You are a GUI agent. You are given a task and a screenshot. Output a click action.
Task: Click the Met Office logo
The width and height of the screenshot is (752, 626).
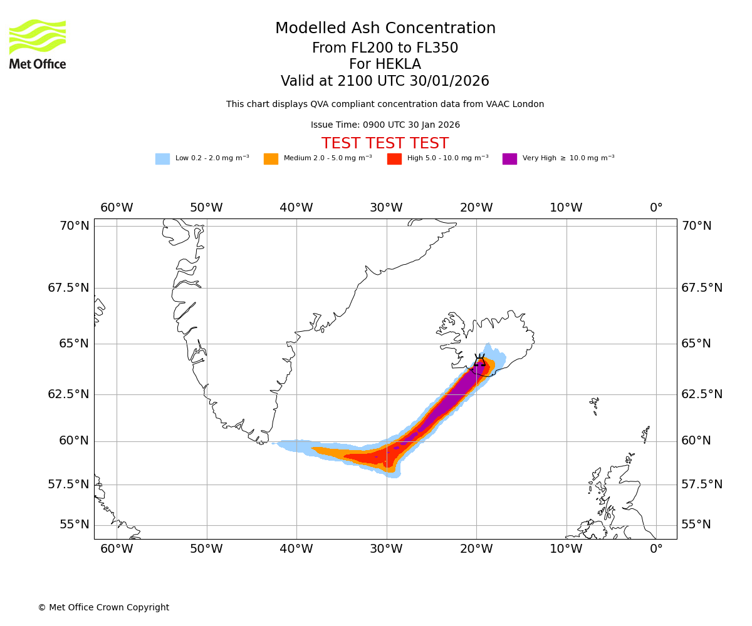(38, 44)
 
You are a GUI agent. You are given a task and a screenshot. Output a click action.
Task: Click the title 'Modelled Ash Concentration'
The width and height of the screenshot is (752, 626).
(385, 29)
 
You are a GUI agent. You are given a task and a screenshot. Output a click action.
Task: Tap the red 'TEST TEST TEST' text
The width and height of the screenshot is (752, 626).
(385, 143)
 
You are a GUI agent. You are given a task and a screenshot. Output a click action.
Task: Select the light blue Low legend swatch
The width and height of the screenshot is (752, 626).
(162, 159)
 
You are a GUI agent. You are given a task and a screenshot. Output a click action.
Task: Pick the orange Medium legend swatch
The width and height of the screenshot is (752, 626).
(271, 159)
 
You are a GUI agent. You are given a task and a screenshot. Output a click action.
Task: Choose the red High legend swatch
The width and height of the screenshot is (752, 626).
(394, 159)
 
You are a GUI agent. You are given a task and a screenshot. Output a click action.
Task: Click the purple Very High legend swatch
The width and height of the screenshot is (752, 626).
(509, 159)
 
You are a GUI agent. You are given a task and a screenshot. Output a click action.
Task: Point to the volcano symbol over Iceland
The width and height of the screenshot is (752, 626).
(479, 360)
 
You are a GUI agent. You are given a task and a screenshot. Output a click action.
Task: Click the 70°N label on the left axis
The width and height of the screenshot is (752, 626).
(75, 226)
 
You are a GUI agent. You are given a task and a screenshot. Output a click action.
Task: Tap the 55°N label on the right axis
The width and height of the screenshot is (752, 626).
(696, 525)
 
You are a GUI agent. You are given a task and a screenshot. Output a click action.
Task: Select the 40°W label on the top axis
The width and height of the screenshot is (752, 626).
(296, 208)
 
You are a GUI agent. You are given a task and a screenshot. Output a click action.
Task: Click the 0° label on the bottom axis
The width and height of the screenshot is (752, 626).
(656, 549)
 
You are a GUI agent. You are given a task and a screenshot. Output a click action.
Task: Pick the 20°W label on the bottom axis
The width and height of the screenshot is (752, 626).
(476, 549)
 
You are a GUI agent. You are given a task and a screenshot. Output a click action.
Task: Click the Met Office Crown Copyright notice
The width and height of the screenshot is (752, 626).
(103, 607)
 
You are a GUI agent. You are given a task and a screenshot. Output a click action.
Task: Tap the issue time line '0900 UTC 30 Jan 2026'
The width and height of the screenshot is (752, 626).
(385, 125)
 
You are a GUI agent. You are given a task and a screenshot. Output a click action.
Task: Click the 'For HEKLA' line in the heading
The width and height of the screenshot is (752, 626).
(385, 64)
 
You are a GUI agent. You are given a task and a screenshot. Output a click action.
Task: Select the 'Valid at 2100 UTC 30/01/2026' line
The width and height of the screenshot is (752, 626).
(385, 81)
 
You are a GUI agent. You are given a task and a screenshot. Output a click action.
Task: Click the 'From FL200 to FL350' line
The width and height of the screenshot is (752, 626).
(385, 48)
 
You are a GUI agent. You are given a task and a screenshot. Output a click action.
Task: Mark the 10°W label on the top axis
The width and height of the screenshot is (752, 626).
(566, 208)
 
